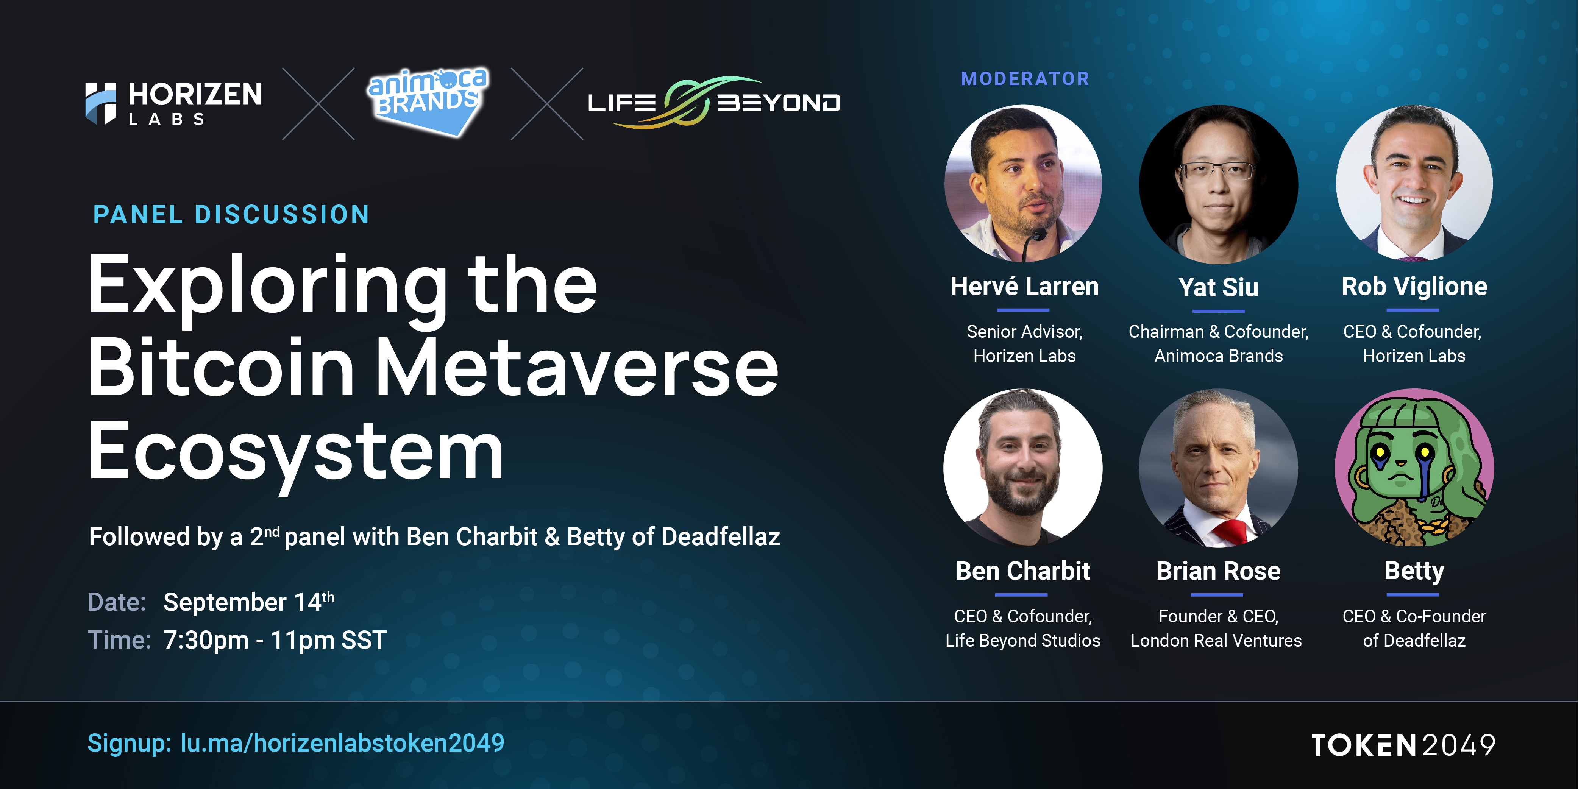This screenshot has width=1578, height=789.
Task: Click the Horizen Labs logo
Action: (x=173, y=103)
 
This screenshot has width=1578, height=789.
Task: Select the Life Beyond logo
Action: (x=714, y=102)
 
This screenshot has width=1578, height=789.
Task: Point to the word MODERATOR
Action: (x=1025, y=78)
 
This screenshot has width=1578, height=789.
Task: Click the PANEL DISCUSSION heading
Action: (x=231, y=214)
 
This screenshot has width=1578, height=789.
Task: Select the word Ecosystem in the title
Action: (x=296, y=453)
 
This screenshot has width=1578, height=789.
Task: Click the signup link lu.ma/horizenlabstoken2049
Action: (x=342, y=743)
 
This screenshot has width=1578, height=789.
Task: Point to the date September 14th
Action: (x=249, y=602)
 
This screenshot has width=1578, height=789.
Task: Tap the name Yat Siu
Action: (x=1218, y=287)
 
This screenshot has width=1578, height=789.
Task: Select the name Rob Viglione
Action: (x=1414, y=286)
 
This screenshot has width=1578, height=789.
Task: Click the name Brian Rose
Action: (x=1218, y=571)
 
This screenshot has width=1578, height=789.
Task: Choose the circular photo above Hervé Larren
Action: (x=1023, y=184)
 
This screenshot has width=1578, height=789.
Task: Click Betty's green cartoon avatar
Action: (x=1414, y=468)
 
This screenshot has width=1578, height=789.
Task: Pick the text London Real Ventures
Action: (x=1216, y=641)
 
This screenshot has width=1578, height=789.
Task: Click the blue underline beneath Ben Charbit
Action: (x=1021, y=594)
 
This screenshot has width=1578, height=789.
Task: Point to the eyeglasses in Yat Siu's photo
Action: (x=1217, y=171)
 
